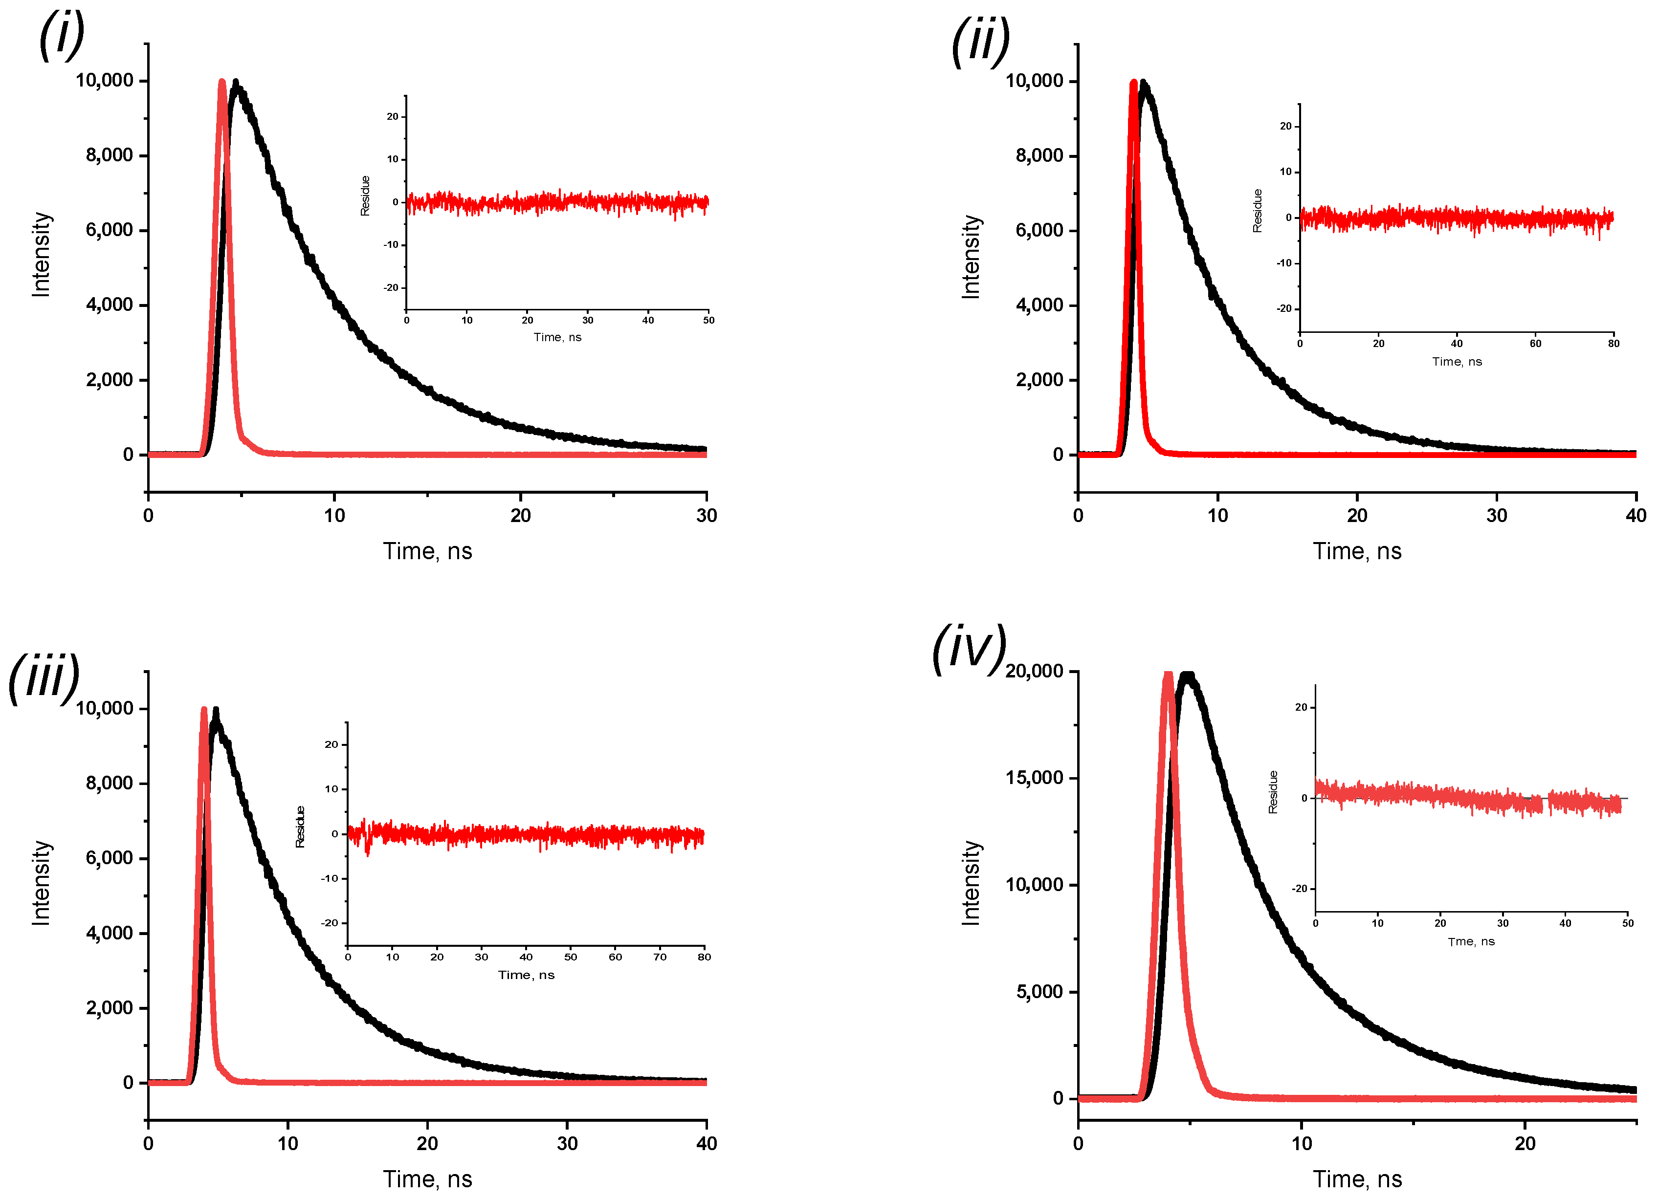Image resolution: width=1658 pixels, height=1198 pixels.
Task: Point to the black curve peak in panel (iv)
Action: click(x=1188, y=676)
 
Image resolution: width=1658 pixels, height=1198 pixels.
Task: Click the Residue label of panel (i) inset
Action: click(x=365, y=196)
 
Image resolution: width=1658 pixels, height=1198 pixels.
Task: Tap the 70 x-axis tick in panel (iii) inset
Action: click(x=660, y=957)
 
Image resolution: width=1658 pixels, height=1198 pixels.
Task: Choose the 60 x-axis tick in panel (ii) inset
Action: click(x=1535, y=344)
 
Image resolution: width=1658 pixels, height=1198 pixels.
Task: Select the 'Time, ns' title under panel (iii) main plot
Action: click(x=428, y=1178)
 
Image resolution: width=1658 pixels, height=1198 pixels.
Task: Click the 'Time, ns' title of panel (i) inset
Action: click(x=557, y=337)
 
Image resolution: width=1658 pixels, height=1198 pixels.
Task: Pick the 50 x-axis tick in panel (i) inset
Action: click(x=708, y=320)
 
